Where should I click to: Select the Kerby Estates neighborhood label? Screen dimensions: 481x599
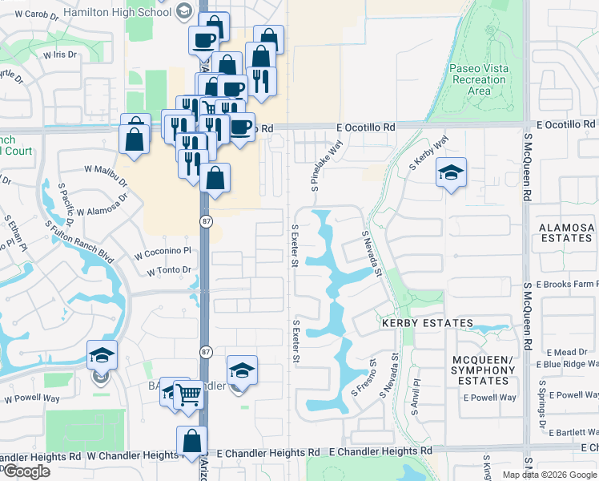coord(428,322)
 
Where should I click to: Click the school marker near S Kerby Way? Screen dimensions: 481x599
coord(452,172)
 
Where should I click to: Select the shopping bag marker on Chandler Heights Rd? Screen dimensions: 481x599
coord(191,441)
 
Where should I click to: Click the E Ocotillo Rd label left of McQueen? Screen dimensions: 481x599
coord(366,127)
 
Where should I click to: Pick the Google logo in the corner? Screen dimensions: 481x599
coord(26,471)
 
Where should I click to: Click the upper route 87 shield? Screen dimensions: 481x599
coord(205,222)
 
